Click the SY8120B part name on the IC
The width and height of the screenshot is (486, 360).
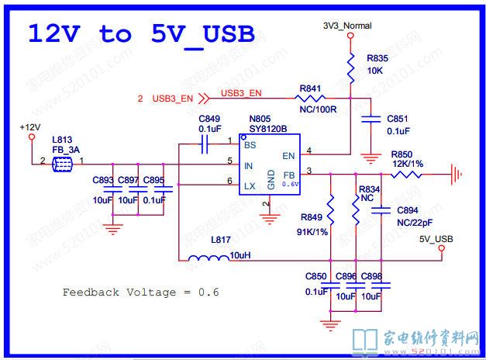[269, 130]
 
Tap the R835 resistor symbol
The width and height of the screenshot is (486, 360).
[350, 72]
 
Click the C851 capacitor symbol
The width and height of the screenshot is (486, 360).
[372, 119]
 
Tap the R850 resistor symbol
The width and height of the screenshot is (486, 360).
[406, 175]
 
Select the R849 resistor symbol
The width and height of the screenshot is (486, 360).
[331, 208]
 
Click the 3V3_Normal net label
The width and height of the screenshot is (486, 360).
[347, 26]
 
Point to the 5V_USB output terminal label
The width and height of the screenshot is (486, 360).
[436, 238]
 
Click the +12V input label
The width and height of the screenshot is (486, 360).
[30, 126]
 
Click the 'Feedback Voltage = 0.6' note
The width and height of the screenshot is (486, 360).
[141, 292]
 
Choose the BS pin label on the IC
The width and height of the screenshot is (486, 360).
[250, 145]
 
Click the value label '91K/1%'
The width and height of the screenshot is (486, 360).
[313, 230]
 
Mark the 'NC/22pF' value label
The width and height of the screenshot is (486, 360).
[414, 221]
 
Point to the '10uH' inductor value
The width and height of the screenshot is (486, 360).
[242, 255]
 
